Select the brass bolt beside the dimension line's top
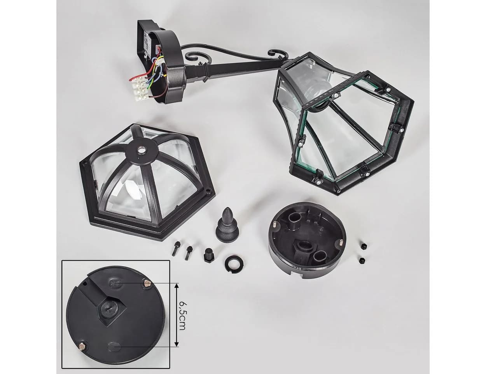[147, 284]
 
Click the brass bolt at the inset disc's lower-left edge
[82, 341]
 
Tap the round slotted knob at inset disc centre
[106, 308]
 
